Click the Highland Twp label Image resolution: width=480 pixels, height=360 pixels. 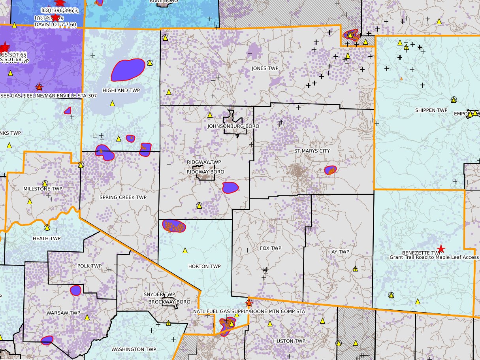tap(121, 90)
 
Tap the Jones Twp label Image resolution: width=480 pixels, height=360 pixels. tap(265, 68)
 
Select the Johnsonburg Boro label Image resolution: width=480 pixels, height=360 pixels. tap(233, 126)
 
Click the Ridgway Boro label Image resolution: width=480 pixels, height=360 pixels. tap(205, 172)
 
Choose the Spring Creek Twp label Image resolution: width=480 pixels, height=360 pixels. tap(123, 198)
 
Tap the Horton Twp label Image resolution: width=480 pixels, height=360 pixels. tap(204, 266)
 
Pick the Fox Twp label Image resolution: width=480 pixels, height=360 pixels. tap(271, 248)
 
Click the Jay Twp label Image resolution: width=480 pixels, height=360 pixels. tap(339, 252)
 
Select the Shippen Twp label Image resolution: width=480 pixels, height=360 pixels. tap(431, 110)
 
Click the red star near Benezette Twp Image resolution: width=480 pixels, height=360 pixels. tap(441, 249)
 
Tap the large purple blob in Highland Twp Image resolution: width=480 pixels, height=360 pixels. tap(128, 70)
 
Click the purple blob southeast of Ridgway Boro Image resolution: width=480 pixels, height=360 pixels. tap(230, 187)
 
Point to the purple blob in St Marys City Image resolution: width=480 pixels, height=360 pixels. tap(330, 170)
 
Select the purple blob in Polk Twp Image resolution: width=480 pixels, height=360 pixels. tap(75, 290)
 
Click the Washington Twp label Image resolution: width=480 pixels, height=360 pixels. tap(134, 349)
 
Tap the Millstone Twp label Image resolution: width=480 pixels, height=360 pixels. tap(43, 189)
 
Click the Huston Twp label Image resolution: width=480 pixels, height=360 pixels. tap(289, 341)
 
